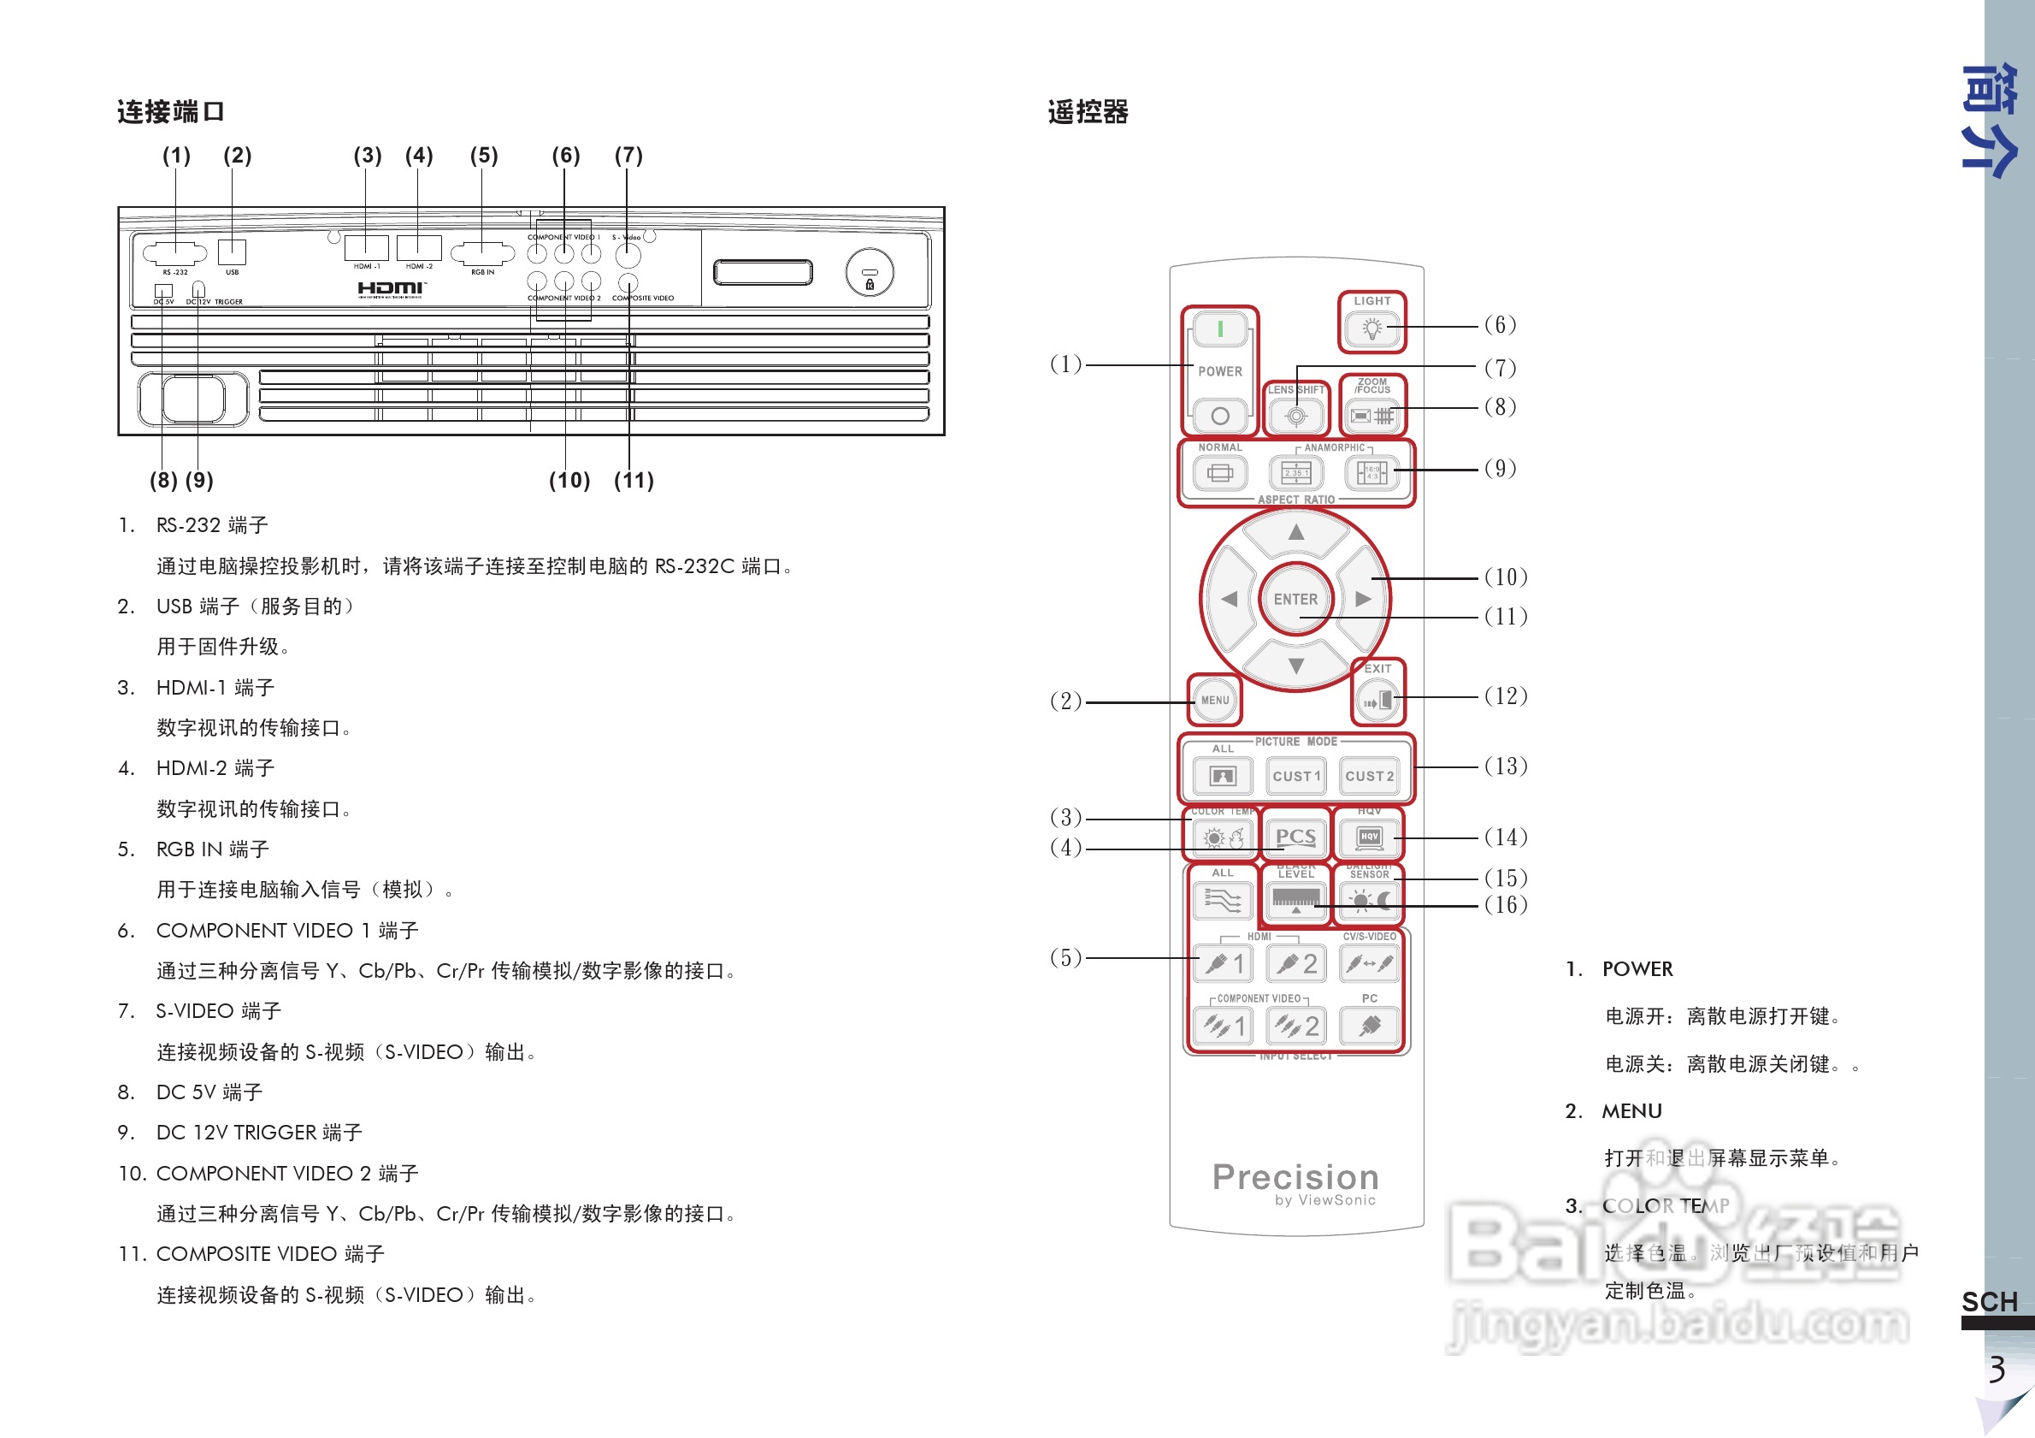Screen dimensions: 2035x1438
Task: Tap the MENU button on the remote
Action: coord(1214,701)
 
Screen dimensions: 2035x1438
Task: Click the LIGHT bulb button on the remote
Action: coord(1372,328)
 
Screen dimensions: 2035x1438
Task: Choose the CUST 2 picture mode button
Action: coord(1370,777)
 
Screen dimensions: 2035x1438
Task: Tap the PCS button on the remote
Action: coord(1295,837)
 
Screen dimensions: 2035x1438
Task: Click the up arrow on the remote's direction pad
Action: coord(1295,532)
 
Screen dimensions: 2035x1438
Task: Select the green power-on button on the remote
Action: coord(1219,330)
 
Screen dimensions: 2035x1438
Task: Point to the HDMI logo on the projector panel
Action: coord(392,288)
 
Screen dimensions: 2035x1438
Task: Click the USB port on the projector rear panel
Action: coord(233,252)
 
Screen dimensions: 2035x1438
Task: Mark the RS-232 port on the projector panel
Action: coord(175,254)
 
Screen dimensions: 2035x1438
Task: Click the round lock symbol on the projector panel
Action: coord(870,274)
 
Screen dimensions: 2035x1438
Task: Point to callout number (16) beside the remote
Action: coord(1506,905)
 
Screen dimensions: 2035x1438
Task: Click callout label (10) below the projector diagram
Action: coord(569,481)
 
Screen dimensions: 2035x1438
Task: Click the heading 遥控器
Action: coord(1088,113)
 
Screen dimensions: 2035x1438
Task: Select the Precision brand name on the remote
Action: coord(1295,1177)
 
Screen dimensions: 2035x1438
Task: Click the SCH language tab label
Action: coord(1989,1301)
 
